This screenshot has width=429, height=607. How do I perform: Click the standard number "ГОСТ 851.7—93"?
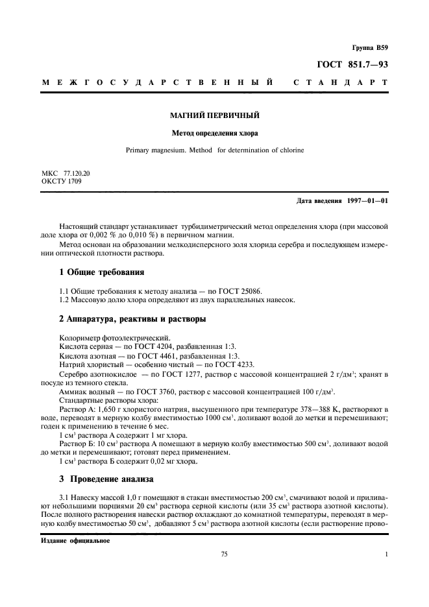coord(353,64)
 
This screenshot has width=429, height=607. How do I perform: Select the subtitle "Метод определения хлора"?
coord(214,134)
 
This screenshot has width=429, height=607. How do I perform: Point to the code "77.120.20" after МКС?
coord(77,174)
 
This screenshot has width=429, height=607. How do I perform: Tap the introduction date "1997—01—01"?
coord(366,200)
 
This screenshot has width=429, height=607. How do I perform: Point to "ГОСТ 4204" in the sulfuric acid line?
coord(152,348)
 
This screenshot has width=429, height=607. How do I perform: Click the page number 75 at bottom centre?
coord(225,554)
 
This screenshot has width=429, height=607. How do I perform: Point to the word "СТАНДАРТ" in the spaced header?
coord(341,84)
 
